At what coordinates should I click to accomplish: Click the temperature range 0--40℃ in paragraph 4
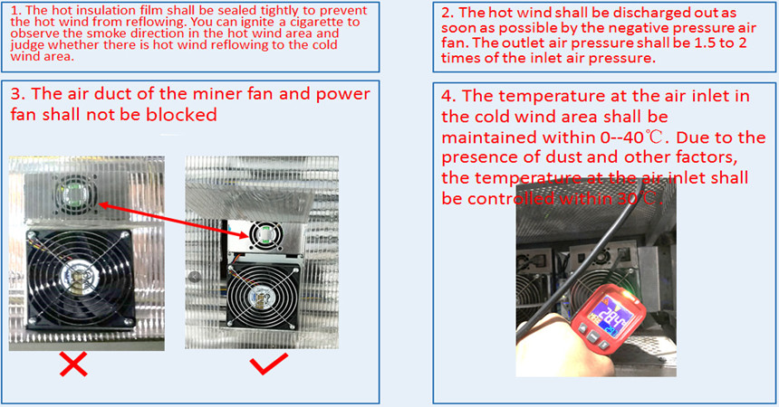pyautogui.click(x=585, y=137)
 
